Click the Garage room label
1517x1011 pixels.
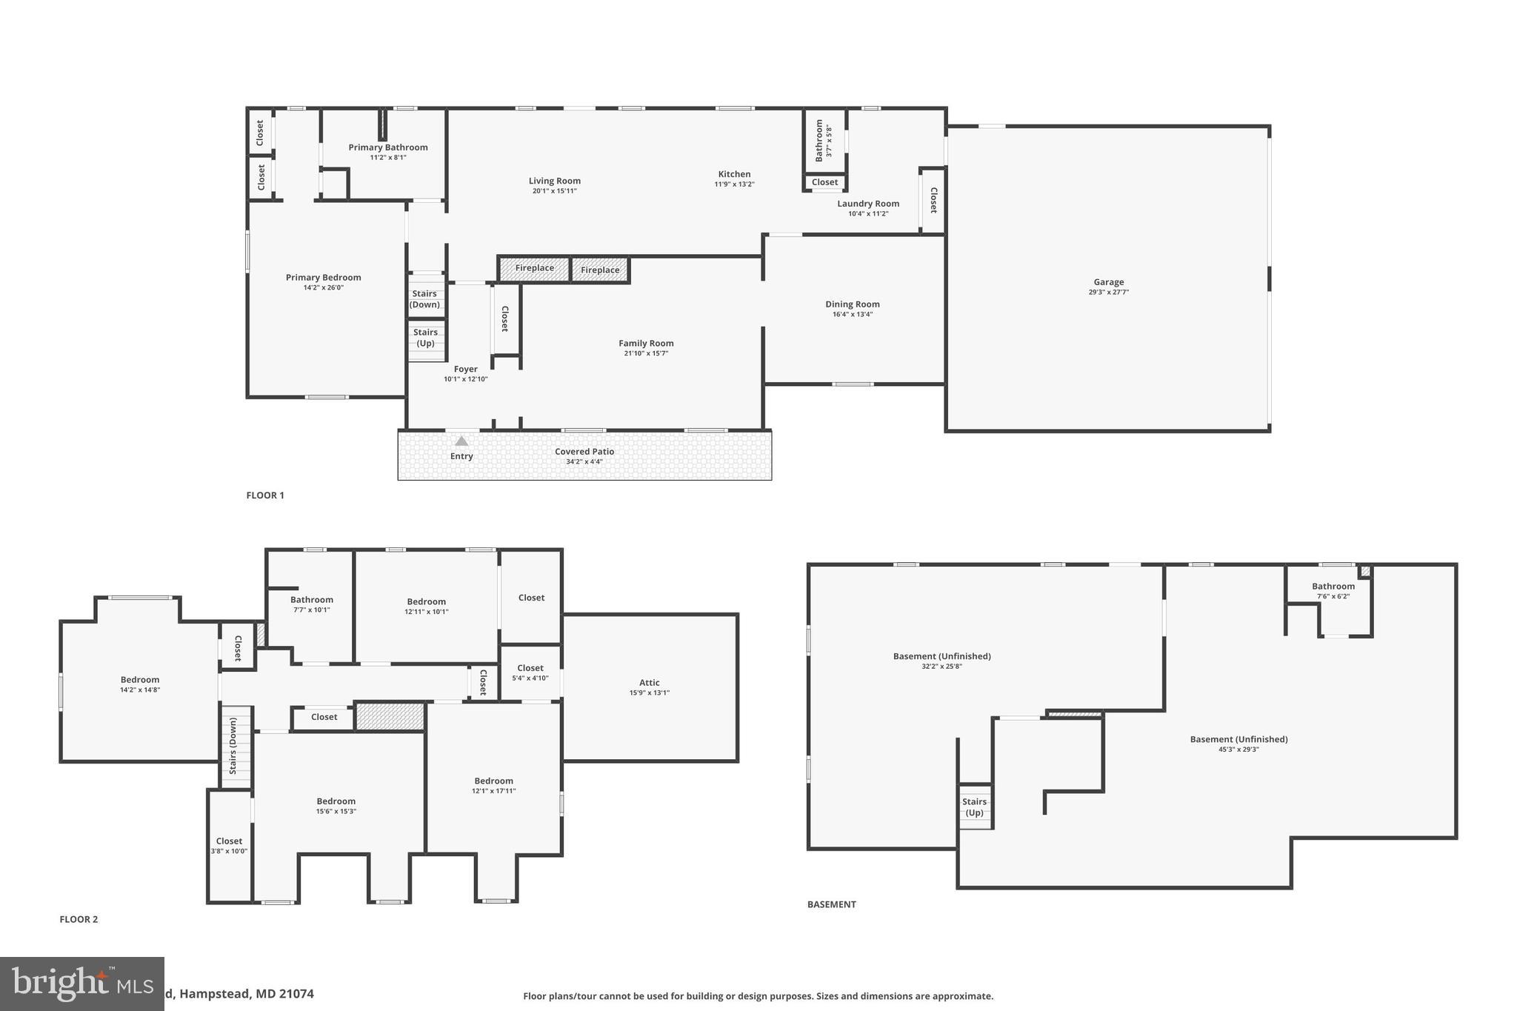pos(1108,282)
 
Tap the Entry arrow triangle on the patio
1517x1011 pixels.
pos(461,441)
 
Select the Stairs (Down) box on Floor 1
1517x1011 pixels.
pos(425,298)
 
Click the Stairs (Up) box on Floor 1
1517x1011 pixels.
pos(425,338)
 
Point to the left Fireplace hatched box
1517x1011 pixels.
pos(534,269)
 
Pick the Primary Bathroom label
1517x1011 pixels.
pos(388,147)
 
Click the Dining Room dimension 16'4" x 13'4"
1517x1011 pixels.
pos(853,314)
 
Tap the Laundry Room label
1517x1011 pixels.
pos(868,204)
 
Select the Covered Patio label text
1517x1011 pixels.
pos(584,452)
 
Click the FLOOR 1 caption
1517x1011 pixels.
pos(265,496)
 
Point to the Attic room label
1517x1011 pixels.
pos(649,683)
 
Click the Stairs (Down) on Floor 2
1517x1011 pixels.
pos(233,746)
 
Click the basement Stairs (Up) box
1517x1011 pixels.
pos(975,807)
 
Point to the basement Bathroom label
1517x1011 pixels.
pos(1333,587)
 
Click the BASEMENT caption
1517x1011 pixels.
pos(831,904)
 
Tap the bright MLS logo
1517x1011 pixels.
pos(81,984)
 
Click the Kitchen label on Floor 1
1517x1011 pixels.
pos(734,174)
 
